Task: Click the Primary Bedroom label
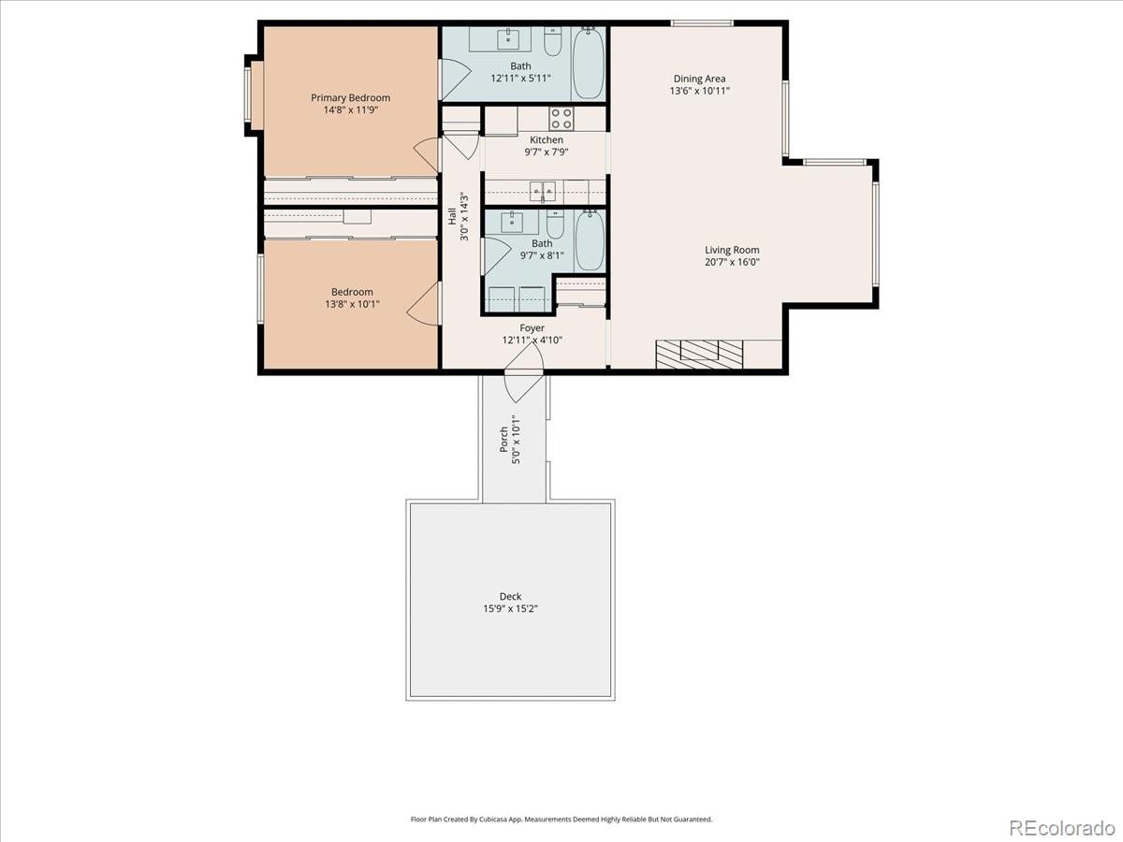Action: [x=350, y=97]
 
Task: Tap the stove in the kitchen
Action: [x=561, y=119]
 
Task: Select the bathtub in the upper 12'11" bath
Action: [x=589, y=64]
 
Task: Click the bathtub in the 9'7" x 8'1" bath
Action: [x=590, y=241]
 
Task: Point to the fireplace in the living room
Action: [x=698, y=353]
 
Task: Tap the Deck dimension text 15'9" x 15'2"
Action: [x=510, y=608]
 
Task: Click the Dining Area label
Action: [x=699, y=79]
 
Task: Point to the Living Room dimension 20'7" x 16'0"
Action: [x=732, y=262]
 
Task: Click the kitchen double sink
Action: [x=543, y=191]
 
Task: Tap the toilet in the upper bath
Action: [x=552, y=43]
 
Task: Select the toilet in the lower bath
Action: [x=555, y=225]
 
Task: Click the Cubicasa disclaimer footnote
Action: [x=561, y=819]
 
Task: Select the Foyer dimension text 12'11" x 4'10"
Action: [x=532, y=341]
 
